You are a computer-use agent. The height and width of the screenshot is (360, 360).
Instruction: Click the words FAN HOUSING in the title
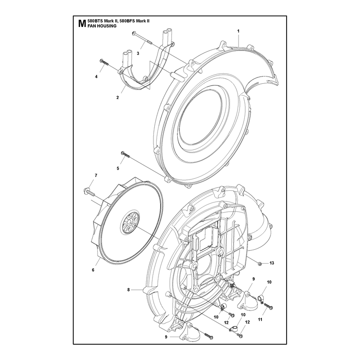102,26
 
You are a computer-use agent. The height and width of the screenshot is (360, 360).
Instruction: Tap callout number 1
238,31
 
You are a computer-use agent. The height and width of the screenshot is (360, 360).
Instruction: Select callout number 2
117,98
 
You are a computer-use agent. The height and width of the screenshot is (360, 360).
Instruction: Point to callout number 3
138,54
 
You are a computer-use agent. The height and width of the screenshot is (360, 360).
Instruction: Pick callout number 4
96,76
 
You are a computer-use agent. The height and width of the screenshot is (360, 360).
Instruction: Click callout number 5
118,168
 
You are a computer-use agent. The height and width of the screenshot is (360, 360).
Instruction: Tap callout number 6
93,270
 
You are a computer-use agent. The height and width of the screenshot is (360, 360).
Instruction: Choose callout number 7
96,175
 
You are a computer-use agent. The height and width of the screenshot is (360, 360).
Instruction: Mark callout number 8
129,290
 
